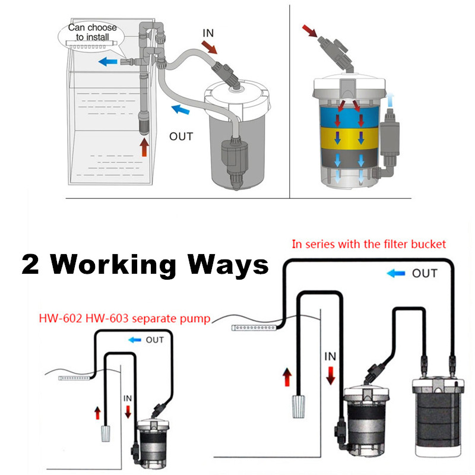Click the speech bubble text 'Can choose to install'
(93, 32)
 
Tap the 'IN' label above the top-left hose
(208, 33)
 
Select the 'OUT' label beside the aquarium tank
(181, 137)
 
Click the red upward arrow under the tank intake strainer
(144, 147)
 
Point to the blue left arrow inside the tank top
(108, 62)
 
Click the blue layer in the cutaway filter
(349, 116)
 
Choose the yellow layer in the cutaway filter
(349, 138)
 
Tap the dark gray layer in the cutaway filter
(349, 158)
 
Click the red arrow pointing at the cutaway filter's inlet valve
(309, 31)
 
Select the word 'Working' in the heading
(113, 265)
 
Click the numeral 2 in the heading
(30, 264)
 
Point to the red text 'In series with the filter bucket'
(369, 244)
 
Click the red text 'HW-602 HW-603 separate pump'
(125, 318)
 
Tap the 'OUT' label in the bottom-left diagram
(154, 340)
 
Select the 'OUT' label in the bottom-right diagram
(425, 274)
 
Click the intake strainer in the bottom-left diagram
(105, 433)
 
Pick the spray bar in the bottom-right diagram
(254, 328)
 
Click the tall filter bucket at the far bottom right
(438, 417)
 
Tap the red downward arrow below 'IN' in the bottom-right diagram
(331, 376)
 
